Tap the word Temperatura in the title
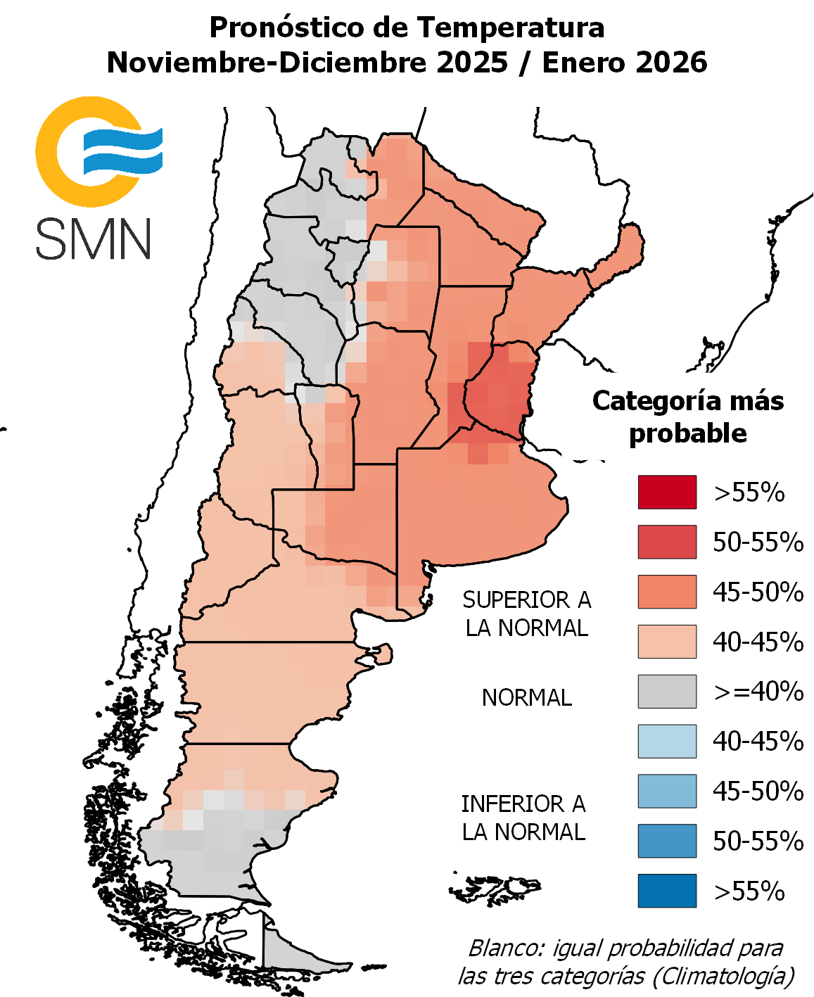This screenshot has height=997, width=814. [511, 28]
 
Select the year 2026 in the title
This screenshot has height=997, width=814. [671, 63]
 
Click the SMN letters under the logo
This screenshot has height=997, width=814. [94, 239]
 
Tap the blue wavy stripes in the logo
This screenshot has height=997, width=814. [123, 151]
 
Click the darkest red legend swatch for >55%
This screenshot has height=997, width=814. [667, 492]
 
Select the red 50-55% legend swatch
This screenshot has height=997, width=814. [667, 542]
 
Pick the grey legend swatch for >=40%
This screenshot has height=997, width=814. [667, 692]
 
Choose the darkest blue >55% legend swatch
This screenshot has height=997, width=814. [667, 891]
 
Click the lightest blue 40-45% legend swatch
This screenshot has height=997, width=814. [667, 742]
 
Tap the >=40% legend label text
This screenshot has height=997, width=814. [758, 692]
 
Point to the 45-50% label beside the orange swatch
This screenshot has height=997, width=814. [758, 592]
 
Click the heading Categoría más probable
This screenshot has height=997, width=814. [687, 417]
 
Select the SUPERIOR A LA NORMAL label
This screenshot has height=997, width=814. [526, 614]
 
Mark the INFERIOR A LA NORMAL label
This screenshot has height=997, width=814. [523, 818]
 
